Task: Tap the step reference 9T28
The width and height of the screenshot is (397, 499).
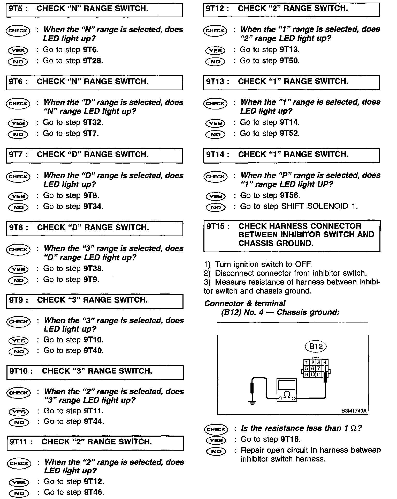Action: point(93,61)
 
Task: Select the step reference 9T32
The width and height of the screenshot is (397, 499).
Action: point(93,122)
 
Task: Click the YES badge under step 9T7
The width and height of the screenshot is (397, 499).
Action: point(18,196)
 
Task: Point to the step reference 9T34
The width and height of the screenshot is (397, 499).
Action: point(93,207)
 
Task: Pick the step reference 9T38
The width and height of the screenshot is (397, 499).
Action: point(93,269)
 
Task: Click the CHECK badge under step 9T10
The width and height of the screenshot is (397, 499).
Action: point(19,393)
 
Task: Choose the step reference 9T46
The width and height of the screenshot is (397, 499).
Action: point(94,492)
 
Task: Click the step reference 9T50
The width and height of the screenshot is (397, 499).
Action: point(289,61)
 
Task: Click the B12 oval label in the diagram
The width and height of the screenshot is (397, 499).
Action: point(316,346)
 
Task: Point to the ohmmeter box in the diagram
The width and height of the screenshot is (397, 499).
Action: point(287,390)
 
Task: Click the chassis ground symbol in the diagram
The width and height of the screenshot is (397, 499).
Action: point(252,402)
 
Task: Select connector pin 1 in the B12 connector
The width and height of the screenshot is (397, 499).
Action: point(306,363)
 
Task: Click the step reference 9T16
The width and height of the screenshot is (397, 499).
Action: point(290,439)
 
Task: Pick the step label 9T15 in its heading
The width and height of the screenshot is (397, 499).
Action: point(218,226)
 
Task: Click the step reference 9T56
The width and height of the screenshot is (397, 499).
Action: point(290,195)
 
